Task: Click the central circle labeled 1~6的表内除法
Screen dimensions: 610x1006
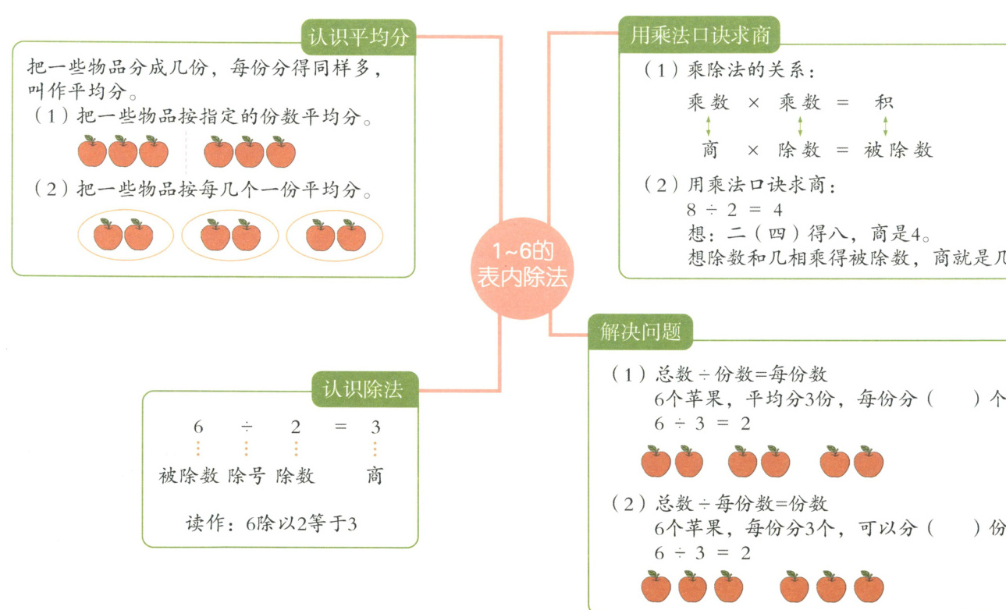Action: [522, 267]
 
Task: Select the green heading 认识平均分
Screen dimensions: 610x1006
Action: [358, 37]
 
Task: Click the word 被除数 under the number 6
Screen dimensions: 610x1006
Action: [188, 476]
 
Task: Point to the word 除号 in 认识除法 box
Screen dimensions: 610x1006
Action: [247, 476]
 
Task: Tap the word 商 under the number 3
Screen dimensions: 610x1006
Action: [375, 476]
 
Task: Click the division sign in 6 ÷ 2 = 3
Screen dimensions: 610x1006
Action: [247, 427]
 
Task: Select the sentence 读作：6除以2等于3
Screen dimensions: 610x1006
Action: [271, 523]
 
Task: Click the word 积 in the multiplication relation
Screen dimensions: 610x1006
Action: [884, 102]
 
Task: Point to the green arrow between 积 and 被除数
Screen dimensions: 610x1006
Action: [885, 126]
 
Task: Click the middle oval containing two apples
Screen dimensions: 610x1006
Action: [231, 235]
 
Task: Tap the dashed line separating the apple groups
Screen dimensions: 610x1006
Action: [186, 152]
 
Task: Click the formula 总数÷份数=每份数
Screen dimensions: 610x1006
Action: [741, 374]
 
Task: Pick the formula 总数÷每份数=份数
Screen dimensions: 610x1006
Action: [741, 504]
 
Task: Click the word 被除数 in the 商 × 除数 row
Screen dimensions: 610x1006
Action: [898, 151]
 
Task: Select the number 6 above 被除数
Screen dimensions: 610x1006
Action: [198, 427]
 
